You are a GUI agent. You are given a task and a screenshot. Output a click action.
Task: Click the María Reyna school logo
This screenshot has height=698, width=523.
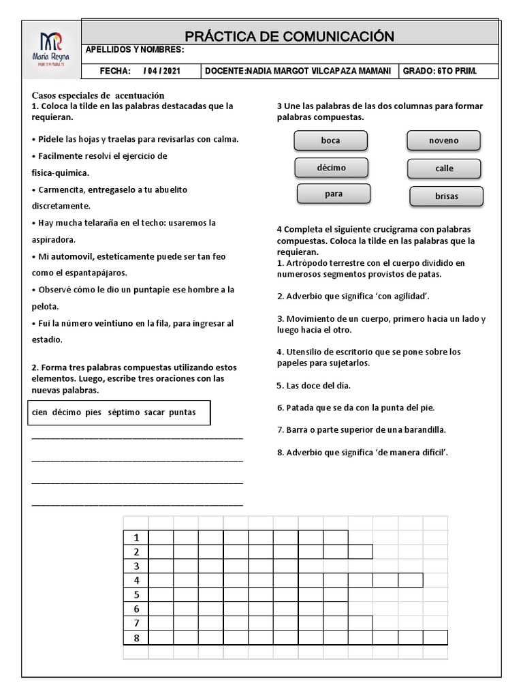(51, 48)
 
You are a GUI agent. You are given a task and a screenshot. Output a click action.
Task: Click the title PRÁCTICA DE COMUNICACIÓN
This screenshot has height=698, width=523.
(289, 36)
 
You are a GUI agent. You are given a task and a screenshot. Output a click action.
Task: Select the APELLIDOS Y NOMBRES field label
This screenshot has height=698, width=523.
(135, 50)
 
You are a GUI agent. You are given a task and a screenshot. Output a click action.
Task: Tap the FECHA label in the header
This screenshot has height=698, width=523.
(114, 70)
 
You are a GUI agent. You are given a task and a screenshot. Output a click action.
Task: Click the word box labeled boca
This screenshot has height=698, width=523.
(330, 140)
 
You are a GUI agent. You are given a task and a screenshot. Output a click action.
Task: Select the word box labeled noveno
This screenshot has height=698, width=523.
(443, 140)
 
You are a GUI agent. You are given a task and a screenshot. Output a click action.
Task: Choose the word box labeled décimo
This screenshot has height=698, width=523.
(331, 167)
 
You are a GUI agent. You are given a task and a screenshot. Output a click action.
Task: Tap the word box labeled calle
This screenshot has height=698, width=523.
(444, 168)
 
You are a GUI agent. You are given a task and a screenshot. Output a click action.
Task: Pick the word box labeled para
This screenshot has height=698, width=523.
(333, 194)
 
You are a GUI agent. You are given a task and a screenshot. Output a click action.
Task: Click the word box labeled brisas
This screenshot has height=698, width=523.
(446, 196)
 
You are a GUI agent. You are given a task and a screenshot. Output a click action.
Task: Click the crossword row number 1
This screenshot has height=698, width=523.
(136, 537)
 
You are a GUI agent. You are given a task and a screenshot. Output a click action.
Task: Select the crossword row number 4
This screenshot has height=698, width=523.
(136, 580)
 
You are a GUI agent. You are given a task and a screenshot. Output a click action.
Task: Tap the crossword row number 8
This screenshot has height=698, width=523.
(136, 637)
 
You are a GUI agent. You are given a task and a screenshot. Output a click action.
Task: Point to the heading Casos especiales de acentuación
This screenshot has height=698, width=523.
(98, 95)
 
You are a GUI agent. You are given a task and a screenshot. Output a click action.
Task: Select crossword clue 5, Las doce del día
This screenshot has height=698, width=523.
(313, 385)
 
